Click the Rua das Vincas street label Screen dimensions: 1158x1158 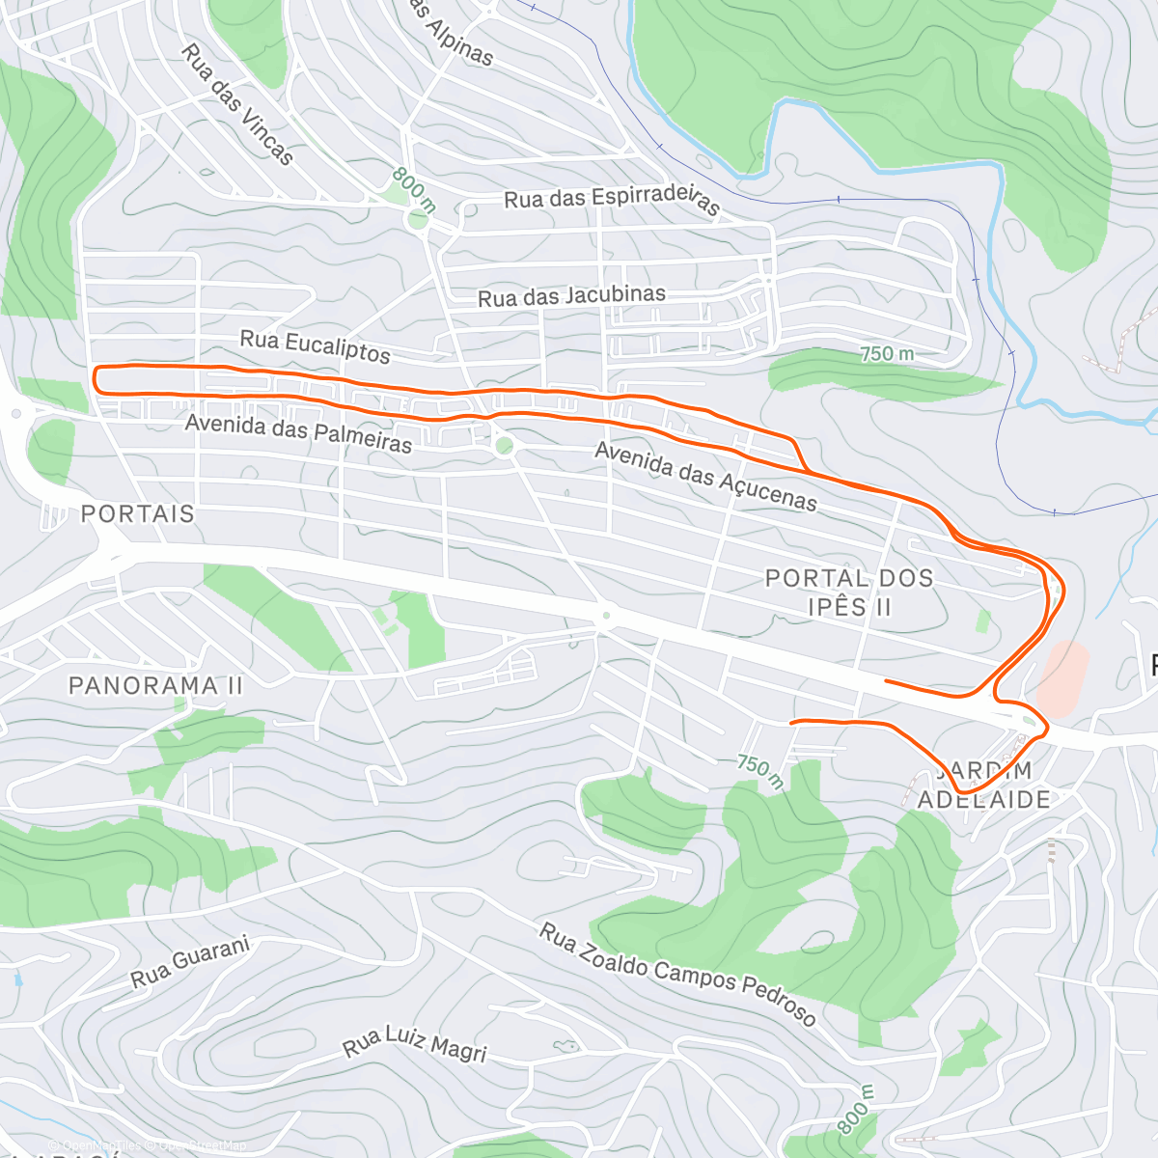236,104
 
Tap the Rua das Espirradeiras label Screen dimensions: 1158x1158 612,201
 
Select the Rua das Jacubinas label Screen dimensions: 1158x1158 571,296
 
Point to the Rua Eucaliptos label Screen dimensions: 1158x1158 315,346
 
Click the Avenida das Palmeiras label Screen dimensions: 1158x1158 298,433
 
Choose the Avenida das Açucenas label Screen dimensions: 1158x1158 705,476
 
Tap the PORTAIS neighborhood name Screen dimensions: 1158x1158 137,513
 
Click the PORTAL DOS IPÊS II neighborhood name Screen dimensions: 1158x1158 849,592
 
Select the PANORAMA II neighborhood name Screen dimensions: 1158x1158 155,686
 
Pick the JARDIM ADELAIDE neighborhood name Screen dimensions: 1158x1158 983,785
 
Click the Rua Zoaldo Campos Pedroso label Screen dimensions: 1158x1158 677,975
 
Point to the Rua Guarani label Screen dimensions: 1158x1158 190,962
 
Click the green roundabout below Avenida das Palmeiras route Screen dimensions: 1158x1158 503,446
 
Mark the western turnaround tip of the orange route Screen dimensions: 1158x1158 95,379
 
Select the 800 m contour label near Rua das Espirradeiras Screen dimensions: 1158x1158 414,190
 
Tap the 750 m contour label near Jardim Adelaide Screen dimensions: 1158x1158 759,769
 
